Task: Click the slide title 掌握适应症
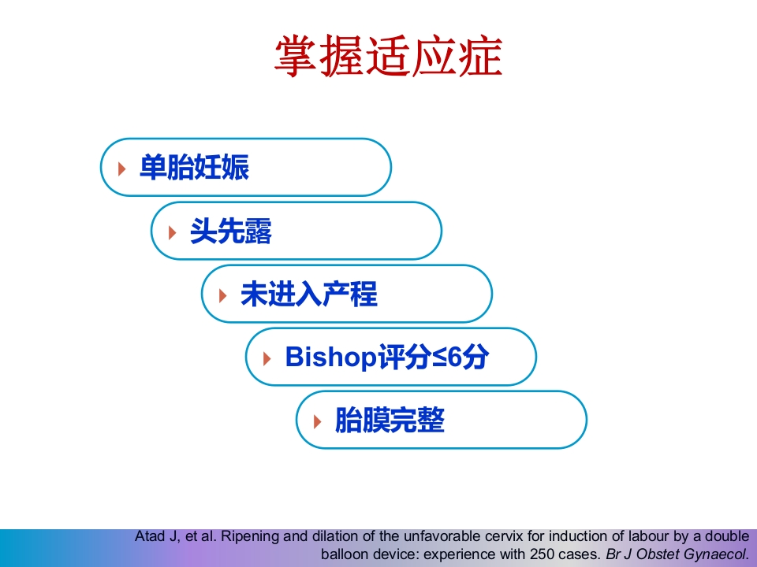[388, 57]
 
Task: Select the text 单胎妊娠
[194, 168]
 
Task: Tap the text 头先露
[230, 232]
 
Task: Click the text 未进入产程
[308, 295]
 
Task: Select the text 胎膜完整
[390, 421]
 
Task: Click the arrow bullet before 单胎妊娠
[121, 169]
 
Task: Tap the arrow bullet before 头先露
[172, 232]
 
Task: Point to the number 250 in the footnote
[543, 554]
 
